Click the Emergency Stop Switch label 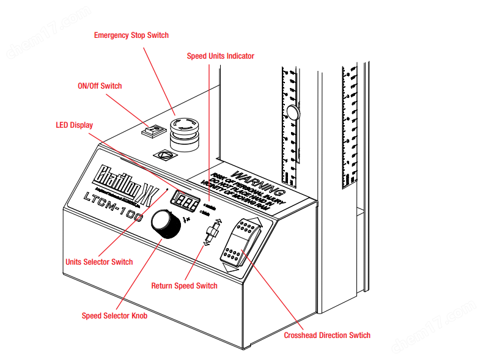pos(131,35)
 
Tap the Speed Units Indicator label pos(220,56)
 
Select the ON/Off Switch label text pos(100,86)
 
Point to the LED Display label pos(74,125)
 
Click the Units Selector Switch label pos(99,262)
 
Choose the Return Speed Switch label pos(184,286)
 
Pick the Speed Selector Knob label pos(114,316)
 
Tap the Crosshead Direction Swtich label pos(327,335)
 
